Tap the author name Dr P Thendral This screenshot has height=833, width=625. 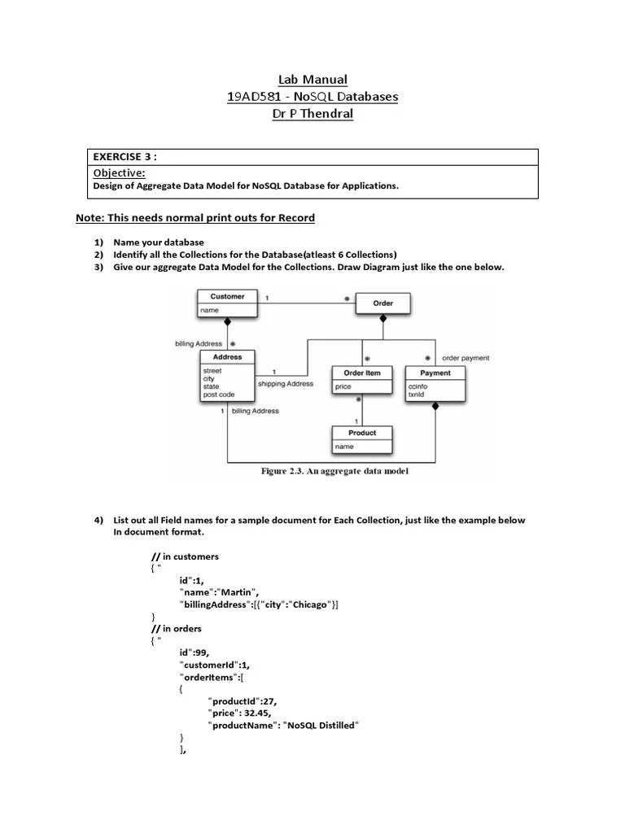(x=312, y=114)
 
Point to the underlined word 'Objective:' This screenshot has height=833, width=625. (x=119, y=173)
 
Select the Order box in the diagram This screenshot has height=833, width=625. (x=382, y=303)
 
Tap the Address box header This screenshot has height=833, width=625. (x=227, y=357)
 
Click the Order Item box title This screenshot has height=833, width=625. (x=362, y=373)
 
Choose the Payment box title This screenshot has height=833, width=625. (x=435, y=373)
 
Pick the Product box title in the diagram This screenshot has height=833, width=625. (x=362, y=433)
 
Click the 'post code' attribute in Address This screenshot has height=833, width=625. (x=219, y=395)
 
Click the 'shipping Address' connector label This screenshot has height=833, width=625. (x=285, y=384)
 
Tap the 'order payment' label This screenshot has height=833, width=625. (x=465, y=358)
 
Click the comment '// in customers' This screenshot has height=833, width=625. (x=185, y=556)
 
